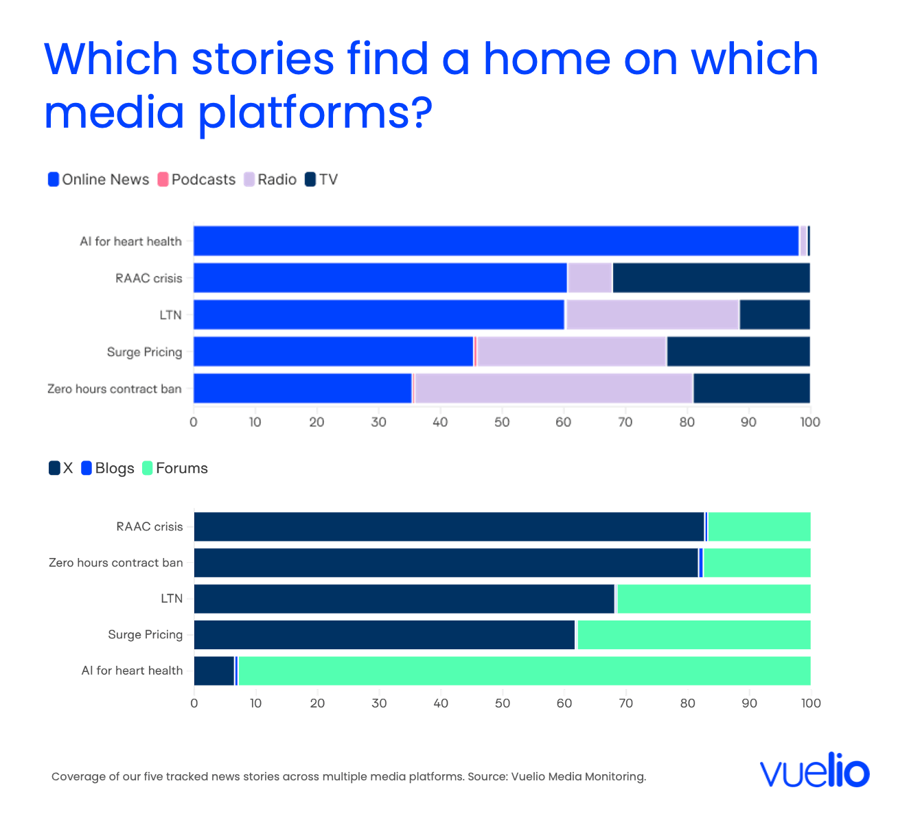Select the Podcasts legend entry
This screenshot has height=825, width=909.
coord(196,179)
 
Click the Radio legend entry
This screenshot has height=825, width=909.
coord(270,179)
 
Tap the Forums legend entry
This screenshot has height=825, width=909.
coord(175,468)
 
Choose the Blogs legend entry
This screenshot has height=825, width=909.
coord(108,468)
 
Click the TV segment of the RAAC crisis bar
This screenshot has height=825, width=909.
coord(711,278)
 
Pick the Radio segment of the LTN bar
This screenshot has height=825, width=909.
coord(652,314)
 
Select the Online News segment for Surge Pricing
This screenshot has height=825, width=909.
coord(334,351)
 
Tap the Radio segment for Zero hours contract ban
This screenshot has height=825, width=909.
coord(554,388)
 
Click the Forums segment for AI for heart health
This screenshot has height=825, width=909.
coord(525,671)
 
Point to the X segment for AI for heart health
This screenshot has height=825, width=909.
coord(214,671)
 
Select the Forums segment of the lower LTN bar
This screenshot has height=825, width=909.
coord(714,599)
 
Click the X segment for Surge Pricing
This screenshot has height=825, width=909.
coord(384,635)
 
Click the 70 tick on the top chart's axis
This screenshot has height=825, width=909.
coord(625,422)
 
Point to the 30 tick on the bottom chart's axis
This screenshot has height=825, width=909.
coord(379,703)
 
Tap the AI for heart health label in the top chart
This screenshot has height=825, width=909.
coord(131,242)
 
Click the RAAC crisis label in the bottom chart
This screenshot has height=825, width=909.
coord(150,526)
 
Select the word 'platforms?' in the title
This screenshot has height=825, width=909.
coord(315,113)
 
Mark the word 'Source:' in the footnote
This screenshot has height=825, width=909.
coord(487,776)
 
